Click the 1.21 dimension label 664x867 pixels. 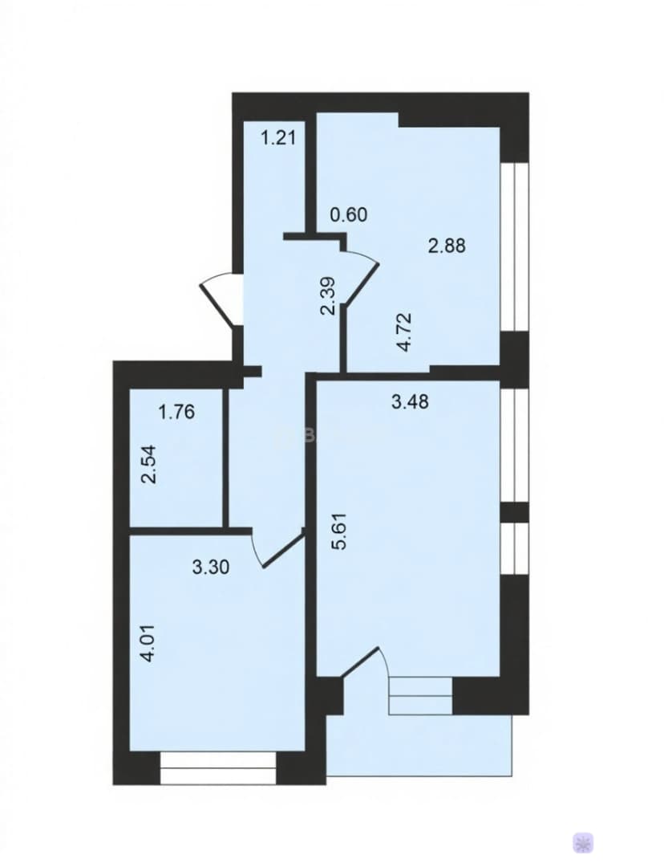click(278, 136)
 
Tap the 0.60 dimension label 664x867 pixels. click(349, 214)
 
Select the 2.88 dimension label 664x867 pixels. click(447, 245)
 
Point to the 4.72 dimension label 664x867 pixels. click(405, 332)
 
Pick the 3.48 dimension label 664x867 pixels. click(410, 402)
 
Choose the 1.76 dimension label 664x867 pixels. click(176, 412)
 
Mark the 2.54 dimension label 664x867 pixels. click(148, 465)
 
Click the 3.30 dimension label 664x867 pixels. click(211, 568)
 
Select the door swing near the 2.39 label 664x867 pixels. click(362, 275)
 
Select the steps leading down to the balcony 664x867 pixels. click(421, 696)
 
